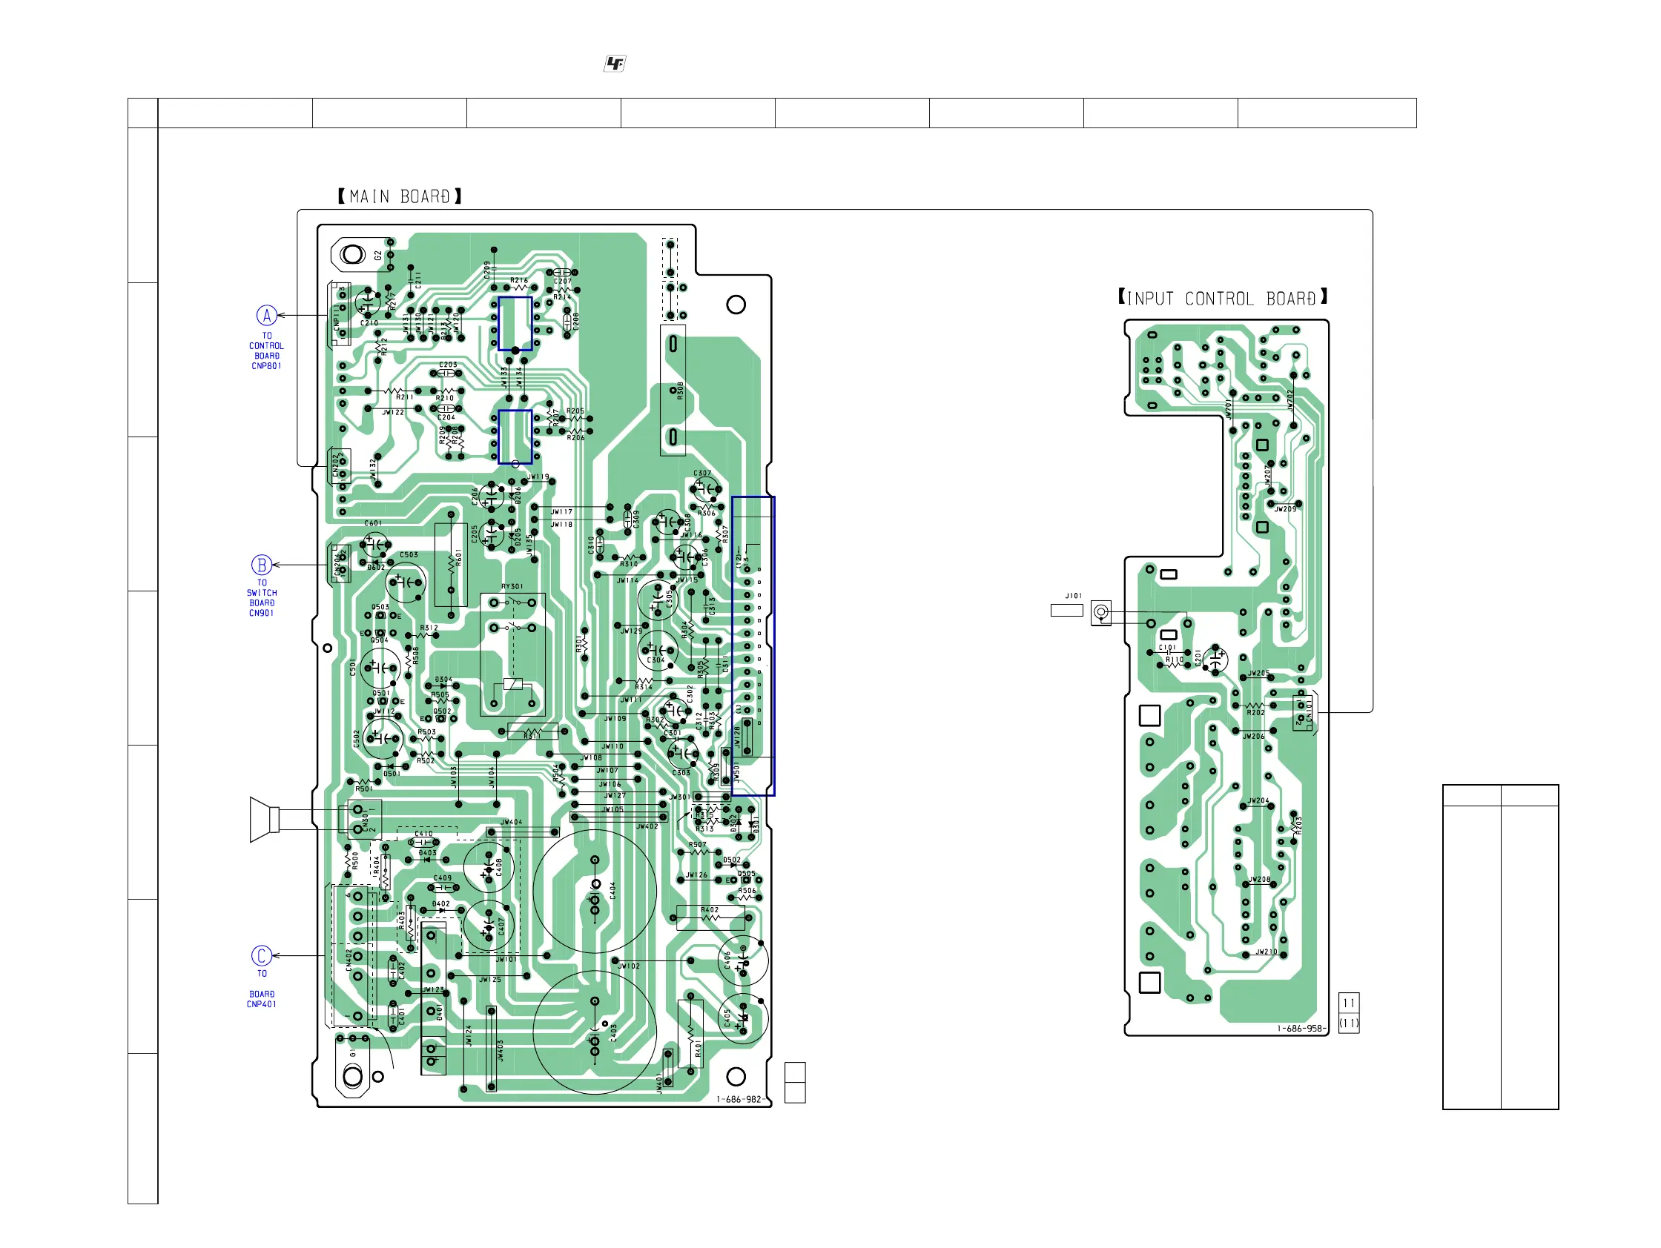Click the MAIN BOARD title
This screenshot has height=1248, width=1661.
[x=400, y=196]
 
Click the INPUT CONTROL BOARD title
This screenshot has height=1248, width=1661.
[x=1223, y=298]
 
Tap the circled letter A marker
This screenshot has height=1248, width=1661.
[x=266, y=315]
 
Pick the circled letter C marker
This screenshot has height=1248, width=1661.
[x=261, y=955]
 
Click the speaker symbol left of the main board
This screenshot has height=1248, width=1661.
[x=264, y=820]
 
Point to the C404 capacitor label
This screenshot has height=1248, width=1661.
[x=612, y=890]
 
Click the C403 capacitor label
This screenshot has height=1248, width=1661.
[x=613, y=1032]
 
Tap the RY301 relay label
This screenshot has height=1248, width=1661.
[x=512, y=586]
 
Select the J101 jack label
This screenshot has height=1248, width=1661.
[x=1074, y=596]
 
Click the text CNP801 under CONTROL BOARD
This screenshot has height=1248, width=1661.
[x=266, y=366]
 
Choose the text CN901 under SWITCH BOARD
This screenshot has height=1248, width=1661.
[x=261, y=613]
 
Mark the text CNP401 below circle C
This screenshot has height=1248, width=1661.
[x=261, y=1004]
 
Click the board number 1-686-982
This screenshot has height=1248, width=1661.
[x=739, y=1099]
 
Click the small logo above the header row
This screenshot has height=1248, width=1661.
[x=615, y=64]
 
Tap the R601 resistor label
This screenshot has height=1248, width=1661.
[x=459, y=557]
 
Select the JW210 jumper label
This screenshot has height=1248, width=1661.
[x=1267, y=952]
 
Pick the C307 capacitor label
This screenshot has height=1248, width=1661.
[x=702, y=474]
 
